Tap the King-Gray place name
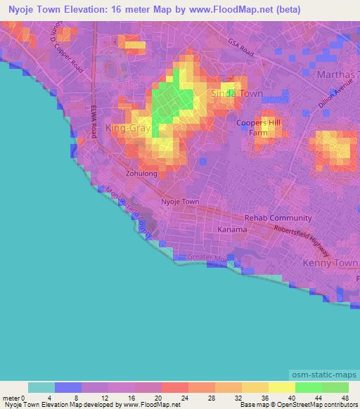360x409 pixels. pyautogui.click(x=127, y=129)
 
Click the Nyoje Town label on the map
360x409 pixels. pyautogui.click(x=181, y=202)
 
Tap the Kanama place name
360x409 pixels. pyautogui.click(x=232, y=230)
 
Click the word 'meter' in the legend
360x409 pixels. pyautogui.click(x=12, y=397)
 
